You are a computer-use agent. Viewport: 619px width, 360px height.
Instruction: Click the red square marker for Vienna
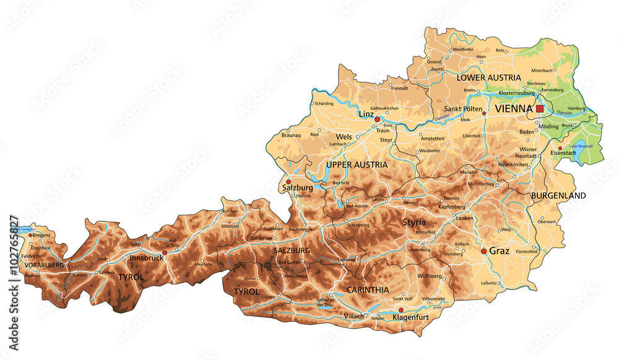540,108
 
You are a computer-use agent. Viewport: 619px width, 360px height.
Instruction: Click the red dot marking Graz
483,251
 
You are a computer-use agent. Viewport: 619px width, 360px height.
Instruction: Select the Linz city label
366,114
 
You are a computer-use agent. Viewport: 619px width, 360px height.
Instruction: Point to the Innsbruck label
147,258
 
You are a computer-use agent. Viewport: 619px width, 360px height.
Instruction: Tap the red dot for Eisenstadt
560,148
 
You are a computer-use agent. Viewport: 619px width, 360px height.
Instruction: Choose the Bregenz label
41,235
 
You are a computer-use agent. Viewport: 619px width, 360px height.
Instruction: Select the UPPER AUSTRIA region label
357,165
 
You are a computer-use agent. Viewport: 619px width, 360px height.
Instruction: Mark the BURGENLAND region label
558,195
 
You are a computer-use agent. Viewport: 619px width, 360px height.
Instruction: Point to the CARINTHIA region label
368,289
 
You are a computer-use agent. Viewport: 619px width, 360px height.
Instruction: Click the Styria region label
415,221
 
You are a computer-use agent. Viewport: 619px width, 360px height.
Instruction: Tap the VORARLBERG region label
43,265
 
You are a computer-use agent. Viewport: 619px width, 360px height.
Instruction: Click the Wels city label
344,137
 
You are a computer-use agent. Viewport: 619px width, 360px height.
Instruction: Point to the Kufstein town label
230,211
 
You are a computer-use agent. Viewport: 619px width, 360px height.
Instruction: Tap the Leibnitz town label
472,283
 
